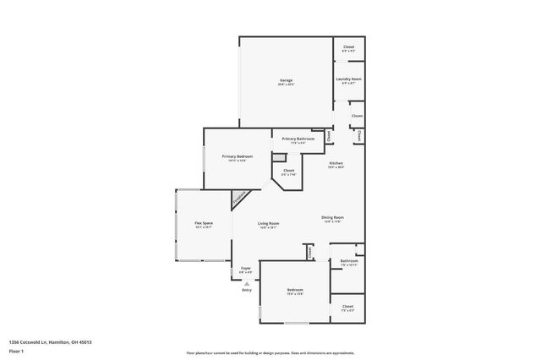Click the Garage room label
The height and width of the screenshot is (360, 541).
tap(286, 80)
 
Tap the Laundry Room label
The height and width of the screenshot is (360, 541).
tap(348, 79)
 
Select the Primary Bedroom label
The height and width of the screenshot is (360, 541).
tap(238, 156)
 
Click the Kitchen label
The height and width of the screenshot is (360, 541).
tap(336, 163)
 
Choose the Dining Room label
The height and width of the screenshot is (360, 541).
tap(332, 217)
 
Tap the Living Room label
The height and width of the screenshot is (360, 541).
tap(269, 224)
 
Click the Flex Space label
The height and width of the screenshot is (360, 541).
tap(204, 223)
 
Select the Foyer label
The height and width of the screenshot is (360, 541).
tap(246, 268)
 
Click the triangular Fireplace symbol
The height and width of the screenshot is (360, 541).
tap(239, 199)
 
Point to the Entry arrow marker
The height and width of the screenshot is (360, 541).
tap(247, 283)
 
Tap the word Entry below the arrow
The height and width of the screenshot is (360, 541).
tap(247, 290)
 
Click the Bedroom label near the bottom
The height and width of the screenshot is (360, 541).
tap(295, 290)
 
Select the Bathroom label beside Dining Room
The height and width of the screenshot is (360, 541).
tap(349, 261)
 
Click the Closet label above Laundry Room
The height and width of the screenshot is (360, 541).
tap(348, 46)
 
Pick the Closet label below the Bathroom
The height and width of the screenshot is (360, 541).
tap(348, 306)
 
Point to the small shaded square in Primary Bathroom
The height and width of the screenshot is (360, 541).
tap(276, 156)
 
